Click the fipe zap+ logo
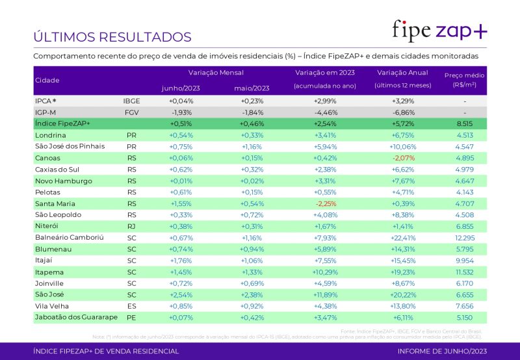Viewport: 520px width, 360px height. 439,30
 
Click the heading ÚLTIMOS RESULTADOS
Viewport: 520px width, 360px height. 112,37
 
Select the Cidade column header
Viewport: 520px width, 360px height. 47,81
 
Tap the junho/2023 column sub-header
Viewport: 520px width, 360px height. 181,88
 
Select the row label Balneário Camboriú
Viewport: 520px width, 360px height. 69,237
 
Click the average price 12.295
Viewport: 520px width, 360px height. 464,237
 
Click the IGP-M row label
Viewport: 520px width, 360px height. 45,112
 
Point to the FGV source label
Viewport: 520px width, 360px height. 131,112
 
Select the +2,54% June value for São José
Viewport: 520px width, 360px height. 181,294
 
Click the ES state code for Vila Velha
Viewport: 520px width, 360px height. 131,305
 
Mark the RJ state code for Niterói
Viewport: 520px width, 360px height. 131,226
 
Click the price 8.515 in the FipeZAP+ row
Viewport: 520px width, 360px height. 464,123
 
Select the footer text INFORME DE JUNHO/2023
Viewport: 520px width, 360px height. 441,352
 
